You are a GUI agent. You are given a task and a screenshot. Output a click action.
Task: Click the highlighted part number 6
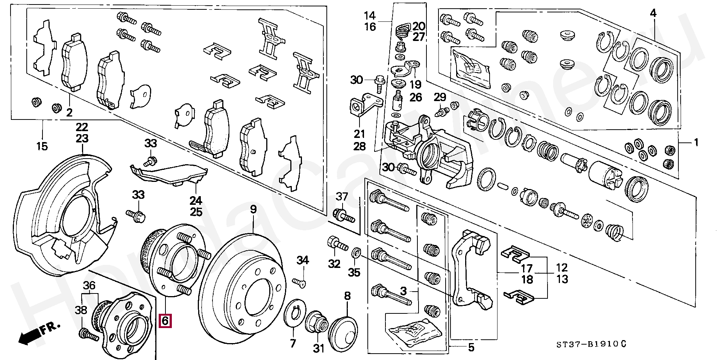point(165,321)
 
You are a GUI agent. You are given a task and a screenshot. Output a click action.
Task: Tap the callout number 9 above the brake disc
point(253,209)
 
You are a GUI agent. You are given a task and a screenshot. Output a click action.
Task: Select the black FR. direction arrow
point(29,336)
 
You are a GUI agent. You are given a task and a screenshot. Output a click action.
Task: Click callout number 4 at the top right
point(653,13)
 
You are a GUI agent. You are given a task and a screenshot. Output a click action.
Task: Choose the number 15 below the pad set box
point(42,146)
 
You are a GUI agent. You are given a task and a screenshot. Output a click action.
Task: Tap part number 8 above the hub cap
point(347,296)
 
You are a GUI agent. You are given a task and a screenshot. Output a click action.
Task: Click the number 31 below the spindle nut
point(319,349)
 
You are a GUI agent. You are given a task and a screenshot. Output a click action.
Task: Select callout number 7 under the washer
point(293,343)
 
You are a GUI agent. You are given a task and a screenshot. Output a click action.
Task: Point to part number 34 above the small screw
point(303,260)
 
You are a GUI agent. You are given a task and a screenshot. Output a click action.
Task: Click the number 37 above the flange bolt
point(342,196)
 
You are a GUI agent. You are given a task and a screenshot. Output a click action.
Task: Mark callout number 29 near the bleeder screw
point(440,97)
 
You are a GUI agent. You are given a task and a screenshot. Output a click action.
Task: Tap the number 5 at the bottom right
point(471,348)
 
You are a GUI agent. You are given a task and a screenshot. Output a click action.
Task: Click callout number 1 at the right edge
point(696,142)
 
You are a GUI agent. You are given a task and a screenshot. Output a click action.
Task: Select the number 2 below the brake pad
point(69,112)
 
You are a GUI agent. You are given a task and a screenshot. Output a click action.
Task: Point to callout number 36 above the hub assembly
point(89,285)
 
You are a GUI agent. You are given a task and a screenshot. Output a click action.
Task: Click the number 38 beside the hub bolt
point(81,310)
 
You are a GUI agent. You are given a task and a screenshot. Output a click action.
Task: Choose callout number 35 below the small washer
point(354,272)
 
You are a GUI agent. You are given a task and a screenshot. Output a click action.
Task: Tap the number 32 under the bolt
point(334,264)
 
